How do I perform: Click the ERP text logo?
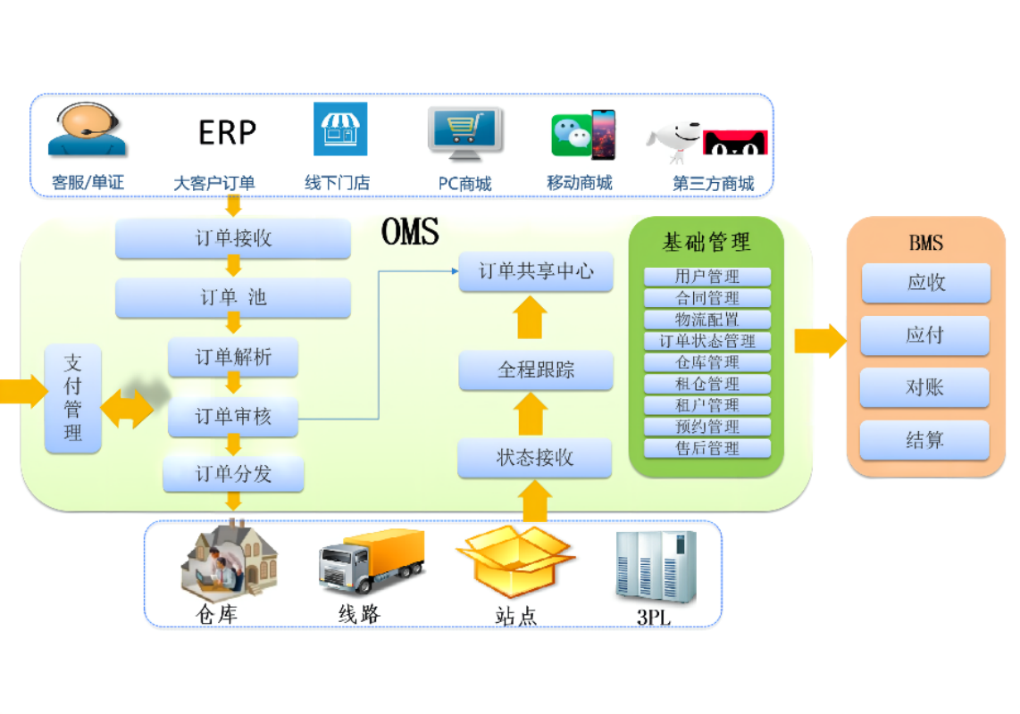click(227, 133)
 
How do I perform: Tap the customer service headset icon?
click(87, 130)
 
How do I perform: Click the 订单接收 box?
click(233, 239)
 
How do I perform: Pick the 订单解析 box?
click(233, 358)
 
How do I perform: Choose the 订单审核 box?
click(233, 417)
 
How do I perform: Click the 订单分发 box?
click(233, 474)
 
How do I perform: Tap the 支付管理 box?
click(73, 398)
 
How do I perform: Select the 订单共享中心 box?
click(536, 271)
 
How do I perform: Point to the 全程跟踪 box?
click(536, 369)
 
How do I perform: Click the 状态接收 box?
click(535, 459)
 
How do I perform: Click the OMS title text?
click(410, 232)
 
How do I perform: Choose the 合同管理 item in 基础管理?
click(707, 298)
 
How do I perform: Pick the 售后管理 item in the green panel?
click(707, 448)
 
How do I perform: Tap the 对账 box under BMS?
click(924, 388)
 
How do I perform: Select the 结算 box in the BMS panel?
click(924, 440)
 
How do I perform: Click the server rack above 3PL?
click(655, 565)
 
